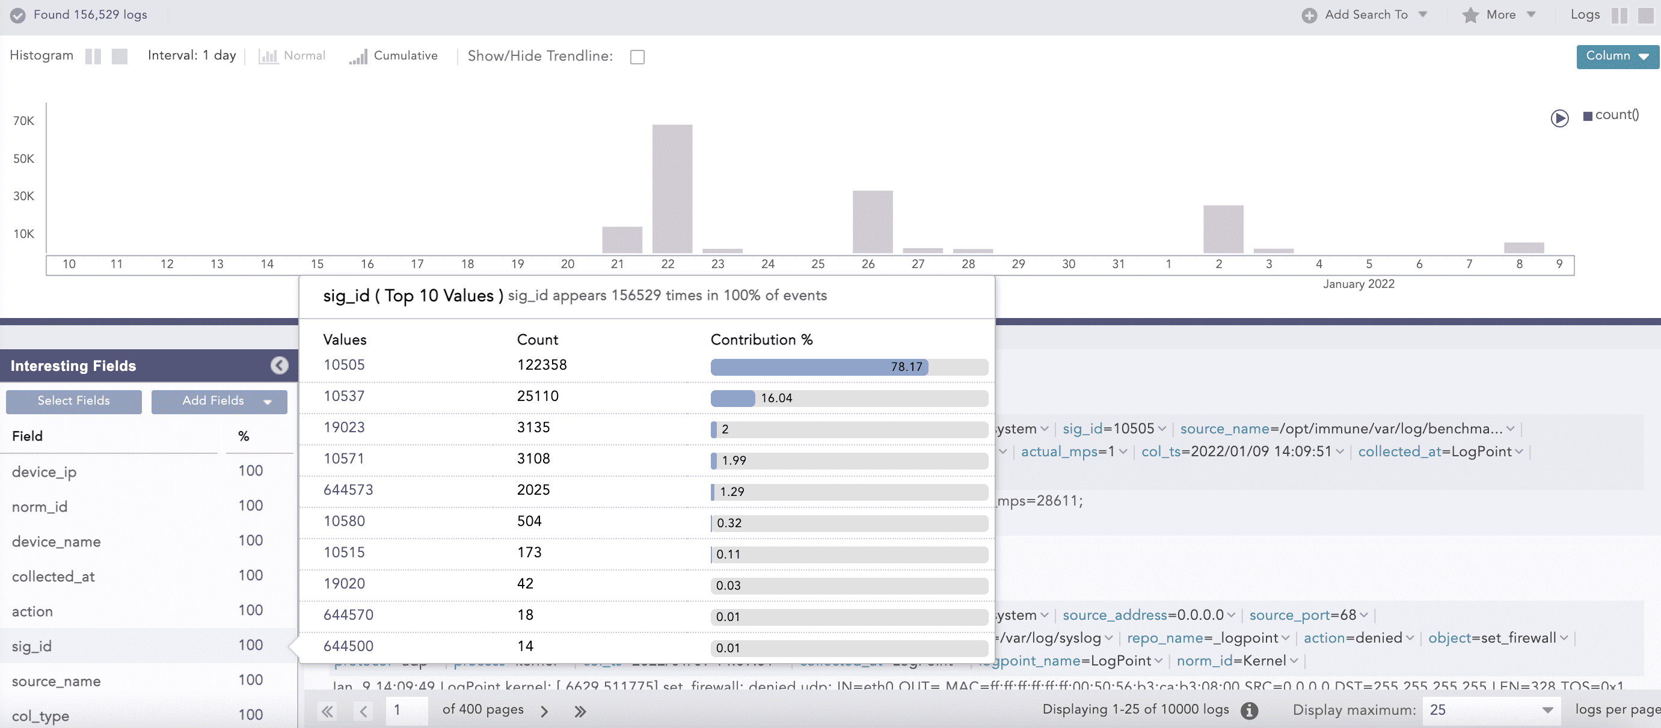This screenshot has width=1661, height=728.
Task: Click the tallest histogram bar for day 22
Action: [x=672, y=188]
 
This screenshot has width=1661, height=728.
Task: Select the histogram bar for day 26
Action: [x=873, y=221]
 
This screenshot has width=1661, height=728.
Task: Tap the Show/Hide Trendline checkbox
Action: [x=637, y=57]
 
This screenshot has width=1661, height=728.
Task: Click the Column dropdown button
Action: [x=1617, y=56]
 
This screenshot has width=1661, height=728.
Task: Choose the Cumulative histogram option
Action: [x=393, y=56]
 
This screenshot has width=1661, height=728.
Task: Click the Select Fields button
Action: [x=73, y=401]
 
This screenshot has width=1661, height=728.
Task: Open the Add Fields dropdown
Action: [x=220, y=401]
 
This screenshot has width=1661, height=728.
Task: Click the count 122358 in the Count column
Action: [x=542, y=365]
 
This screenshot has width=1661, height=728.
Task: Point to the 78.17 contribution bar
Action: [x=819, y=367]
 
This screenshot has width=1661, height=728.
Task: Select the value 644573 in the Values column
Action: [x=348, y=490]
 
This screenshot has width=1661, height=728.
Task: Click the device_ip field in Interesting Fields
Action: [x=44, y=472]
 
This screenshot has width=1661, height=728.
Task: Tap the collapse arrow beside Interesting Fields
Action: [x=279, y=366]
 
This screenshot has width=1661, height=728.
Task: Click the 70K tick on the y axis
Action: [x=24, y=121]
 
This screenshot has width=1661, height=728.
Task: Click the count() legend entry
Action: [x=1616, y=115]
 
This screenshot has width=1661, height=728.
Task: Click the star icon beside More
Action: [x=1470, y=15]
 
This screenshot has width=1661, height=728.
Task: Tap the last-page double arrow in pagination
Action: [x=580, y=711]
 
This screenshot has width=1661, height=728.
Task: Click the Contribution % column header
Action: [x=761, y=340]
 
